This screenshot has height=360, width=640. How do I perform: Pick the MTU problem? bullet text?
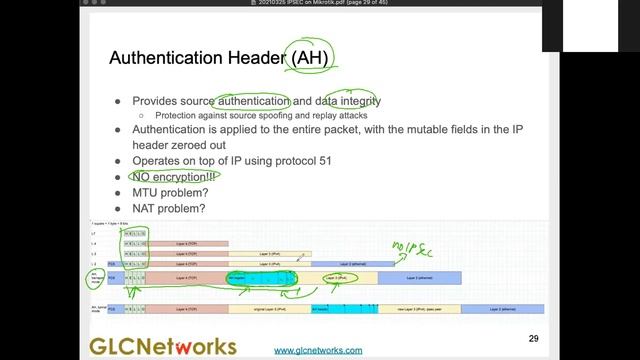[170, 192]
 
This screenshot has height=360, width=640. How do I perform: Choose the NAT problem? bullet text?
[169, 208]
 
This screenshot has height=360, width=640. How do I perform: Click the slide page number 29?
[533, 338]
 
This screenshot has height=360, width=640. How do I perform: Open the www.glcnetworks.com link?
[318, 350]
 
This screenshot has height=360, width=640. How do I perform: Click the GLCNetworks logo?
[163, 346]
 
